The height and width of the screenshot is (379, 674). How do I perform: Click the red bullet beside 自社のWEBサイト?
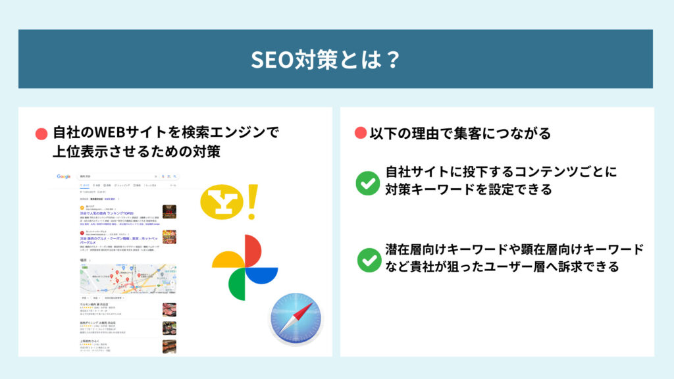click(x=41, y=134)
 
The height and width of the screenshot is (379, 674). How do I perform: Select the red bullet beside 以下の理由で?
click(x=360, y=134)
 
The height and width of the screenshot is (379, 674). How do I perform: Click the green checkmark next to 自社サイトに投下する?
click(x=367, y=182)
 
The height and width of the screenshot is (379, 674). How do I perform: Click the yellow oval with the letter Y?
click(x=220, y=203)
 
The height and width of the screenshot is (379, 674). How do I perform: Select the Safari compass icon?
click(x=296, y=318)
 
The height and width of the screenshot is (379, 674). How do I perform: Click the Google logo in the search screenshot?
click(x=64, y=176)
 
